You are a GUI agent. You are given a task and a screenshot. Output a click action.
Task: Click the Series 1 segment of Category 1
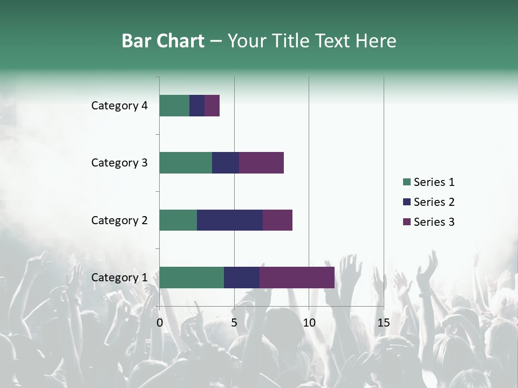(192, 277)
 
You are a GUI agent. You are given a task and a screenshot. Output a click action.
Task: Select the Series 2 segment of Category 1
(242, 277)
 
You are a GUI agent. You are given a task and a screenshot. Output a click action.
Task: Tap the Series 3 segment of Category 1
(297, 277)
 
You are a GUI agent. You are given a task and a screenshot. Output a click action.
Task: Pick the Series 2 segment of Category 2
(230, 220)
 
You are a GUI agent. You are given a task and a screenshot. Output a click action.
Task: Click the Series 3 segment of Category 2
(277, 220)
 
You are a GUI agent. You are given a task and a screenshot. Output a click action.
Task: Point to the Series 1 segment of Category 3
(186, 163)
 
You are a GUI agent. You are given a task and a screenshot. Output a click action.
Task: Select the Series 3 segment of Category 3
(261, 163)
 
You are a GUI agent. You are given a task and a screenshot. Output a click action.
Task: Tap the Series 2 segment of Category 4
(197, 106)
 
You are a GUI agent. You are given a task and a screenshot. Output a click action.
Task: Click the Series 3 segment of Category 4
(212, 106)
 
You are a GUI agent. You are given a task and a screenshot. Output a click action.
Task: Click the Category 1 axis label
(119, 278)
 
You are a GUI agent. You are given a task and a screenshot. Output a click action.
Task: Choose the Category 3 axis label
(119, 163)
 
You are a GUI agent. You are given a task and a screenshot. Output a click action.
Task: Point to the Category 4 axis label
(119, 106)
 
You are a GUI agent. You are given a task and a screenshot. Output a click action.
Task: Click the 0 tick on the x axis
(160, 323)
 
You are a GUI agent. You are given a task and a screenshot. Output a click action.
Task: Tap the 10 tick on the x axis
(309, 323)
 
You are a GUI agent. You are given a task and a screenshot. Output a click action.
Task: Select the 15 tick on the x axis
(384, 323)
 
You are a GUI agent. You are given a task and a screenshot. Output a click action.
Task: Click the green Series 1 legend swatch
(407, 182)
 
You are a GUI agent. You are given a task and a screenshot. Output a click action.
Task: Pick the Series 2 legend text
(434, 202)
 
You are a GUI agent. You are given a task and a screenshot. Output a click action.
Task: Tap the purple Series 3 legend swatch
(407, 222)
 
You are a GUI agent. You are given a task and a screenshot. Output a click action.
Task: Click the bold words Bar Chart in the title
(163, 41)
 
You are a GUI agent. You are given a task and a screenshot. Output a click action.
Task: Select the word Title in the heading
(291, 41)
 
